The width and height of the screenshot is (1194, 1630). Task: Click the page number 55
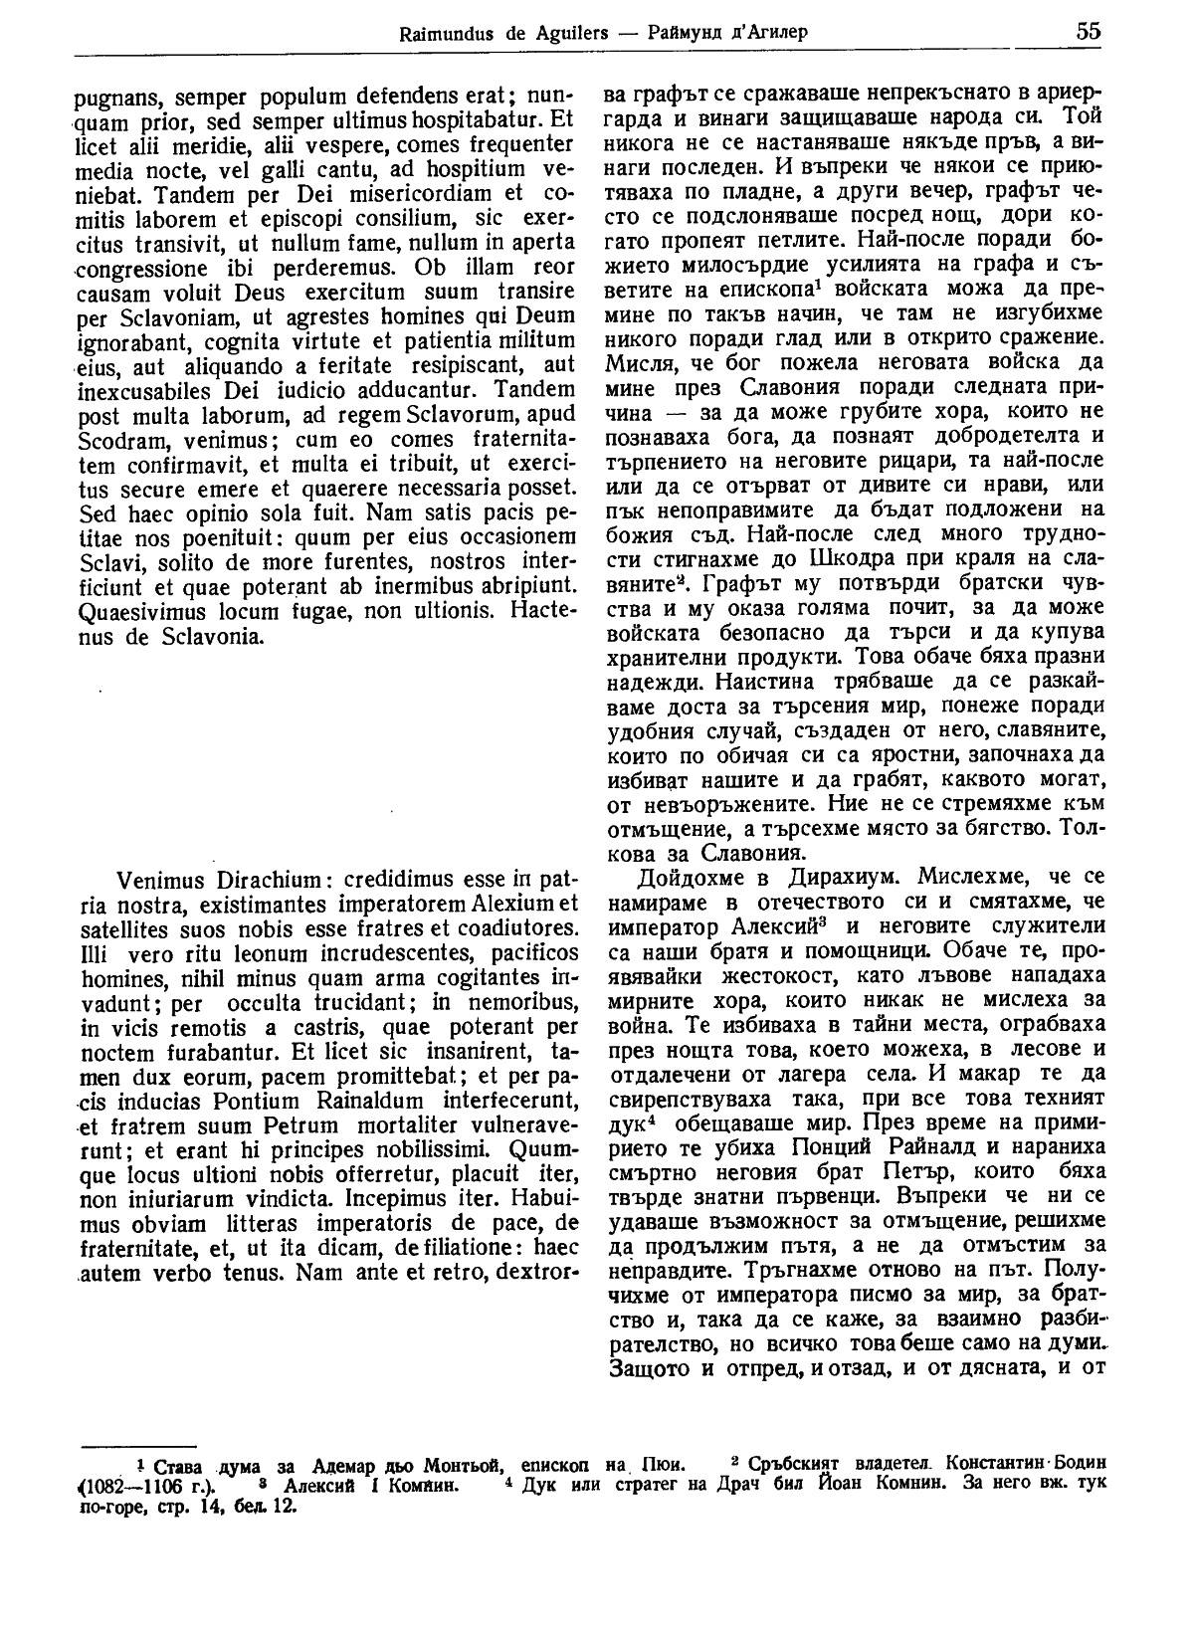coord(1088,30)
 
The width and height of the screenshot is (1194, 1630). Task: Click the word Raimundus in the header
coord(439,33)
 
